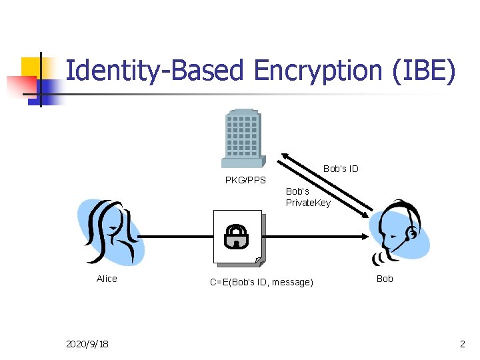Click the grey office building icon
242,139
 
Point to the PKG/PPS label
245,180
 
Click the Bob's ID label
341,169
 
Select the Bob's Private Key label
308,197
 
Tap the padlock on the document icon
236,235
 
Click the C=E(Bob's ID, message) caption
261,282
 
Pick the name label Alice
107,279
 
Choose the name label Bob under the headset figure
385,279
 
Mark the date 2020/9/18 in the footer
88,344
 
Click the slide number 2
462,344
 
